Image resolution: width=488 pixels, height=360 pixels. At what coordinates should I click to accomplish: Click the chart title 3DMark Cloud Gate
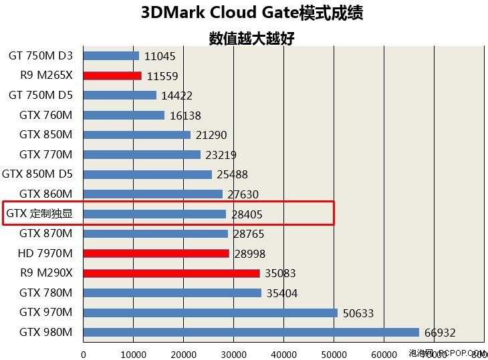252,13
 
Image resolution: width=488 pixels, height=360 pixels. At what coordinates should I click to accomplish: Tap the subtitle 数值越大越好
252,38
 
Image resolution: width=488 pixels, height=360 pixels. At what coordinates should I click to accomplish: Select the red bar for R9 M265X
112,75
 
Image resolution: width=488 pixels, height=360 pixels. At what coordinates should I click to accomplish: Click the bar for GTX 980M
251,332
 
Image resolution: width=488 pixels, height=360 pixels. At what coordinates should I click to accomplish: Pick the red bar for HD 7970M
156,253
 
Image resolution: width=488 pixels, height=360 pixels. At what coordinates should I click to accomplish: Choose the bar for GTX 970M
211,313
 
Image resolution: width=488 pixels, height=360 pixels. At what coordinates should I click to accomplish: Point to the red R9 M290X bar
171,273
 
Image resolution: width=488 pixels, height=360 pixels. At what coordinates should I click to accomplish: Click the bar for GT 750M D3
111,56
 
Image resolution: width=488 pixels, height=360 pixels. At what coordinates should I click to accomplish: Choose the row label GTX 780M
45,293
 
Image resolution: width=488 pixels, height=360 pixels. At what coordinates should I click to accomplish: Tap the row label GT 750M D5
41,96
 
